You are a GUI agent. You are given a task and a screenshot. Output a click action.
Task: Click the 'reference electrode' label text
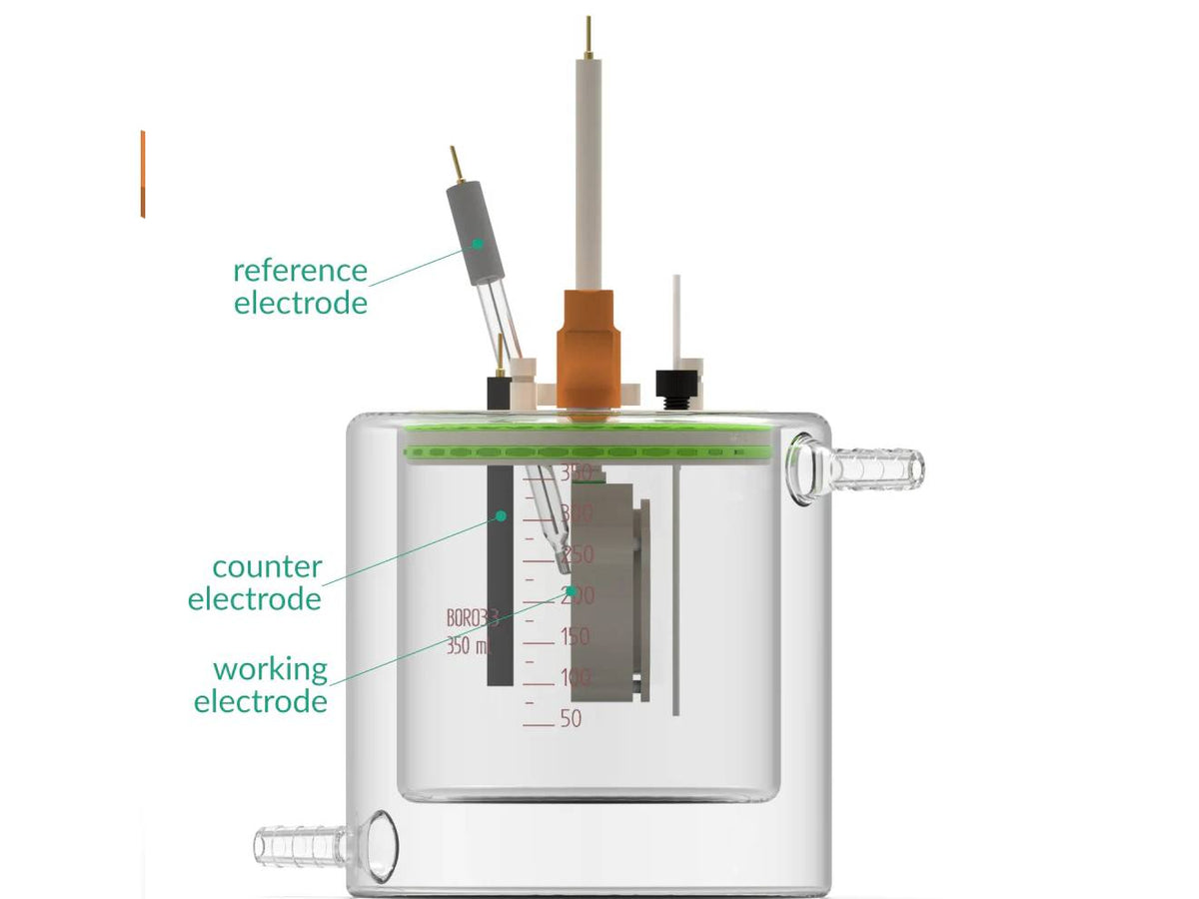(x=300, y=286)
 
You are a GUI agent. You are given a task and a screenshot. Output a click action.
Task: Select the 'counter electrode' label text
(x=256, y=582)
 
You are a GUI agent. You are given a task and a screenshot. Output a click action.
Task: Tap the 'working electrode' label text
(x=262, y=684)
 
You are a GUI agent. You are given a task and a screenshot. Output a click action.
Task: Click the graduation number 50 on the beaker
(x=571, y=719)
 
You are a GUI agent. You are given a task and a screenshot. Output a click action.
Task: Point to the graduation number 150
(x=575, y=636)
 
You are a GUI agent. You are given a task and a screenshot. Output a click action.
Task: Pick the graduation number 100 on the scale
(x=575, y=677)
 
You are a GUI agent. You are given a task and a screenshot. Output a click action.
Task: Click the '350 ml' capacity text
(x=468, y=645)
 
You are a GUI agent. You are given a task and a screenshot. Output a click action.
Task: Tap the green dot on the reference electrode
(x=478, y=243)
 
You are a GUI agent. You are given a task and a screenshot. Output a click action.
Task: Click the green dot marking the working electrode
(x=571, y=591)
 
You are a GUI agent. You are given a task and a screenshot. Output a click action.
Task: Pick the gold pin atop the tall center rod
(x=590, y=36)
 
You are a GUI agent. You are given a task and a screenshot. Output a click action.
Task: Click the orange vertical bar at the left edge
(x=143, y=173)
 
